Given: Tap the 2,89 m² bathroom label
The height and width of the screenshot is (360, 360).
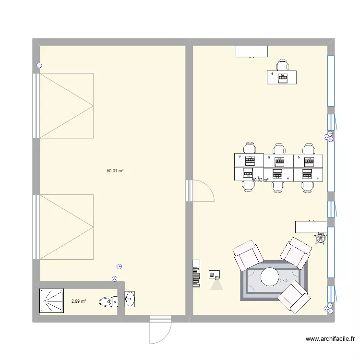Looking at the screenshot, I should [78, 301].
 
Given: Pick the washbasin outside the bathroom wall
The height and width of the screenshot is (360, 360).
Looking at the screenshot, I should [130, 299].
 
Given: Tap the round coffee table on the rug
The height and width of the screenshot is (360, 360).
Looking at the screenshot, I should [269, 277].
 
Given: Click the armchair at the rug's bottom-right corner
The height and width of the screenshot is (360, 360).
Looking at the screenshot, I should [293, 297].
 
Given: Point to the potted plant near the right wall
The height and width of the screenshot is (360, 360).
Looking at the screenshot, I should [321, 238].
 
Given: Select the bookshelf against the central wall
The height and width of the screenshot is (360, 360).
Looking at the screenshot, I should [196, 274].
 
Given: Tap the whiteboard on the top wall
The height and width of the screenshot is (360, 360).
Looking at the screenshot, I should [252, 51].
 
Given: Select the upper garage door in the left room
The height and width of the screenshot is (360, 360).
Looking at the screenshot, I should [65, 106].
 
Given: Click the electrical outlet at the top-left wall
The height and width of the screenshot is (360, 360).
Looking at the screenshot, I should [39, 66].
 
